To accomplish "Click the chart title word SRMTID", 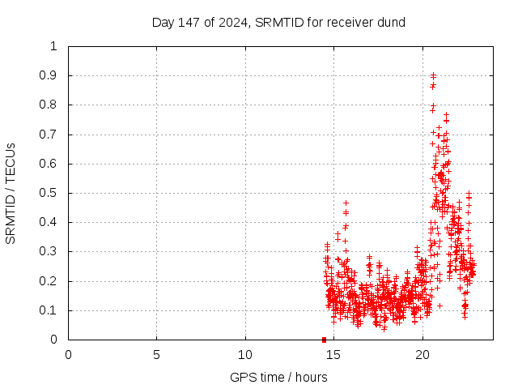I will [277, 22].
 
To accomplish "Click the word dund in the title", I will [391, 22].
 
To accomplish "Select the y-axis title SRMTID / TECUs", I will [11, 193].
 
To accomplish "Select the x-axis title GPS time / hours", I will [278, 377].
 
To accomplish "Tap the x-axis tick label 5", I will [157, 355].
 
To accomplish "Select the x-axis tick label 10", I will [245, 355].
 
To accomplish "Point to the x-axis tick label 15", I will [333, 355].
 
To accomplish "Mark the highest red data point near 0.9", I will [433, 75].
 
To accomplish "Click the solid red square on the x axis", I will [324, 340].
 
